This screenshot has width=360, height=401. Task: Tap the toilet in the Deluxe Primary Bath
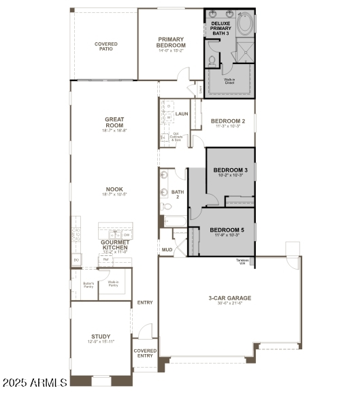212,61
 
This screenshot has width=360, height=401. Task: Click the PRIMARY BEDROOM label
171,42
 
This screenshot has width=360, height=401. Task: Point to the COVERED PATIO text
105,46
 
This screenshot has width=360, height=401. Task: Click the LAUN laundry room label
181,114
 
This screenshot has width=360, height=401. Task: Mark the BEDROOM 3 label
230,170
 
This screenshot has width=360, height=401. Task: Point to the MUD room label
167,250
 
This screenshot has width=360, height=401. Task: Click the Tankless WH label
242,261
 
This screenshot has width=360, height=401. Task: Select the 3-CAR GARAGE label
229,298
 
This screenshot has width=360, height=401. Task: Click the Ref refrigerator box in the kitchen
106,259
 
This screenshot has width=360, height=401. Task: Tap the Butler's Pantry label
88,284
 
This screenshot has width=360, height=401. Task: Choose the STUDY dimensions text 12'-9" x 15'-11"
101,342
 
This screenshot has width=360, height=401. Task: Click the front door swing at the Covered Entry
144,332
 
